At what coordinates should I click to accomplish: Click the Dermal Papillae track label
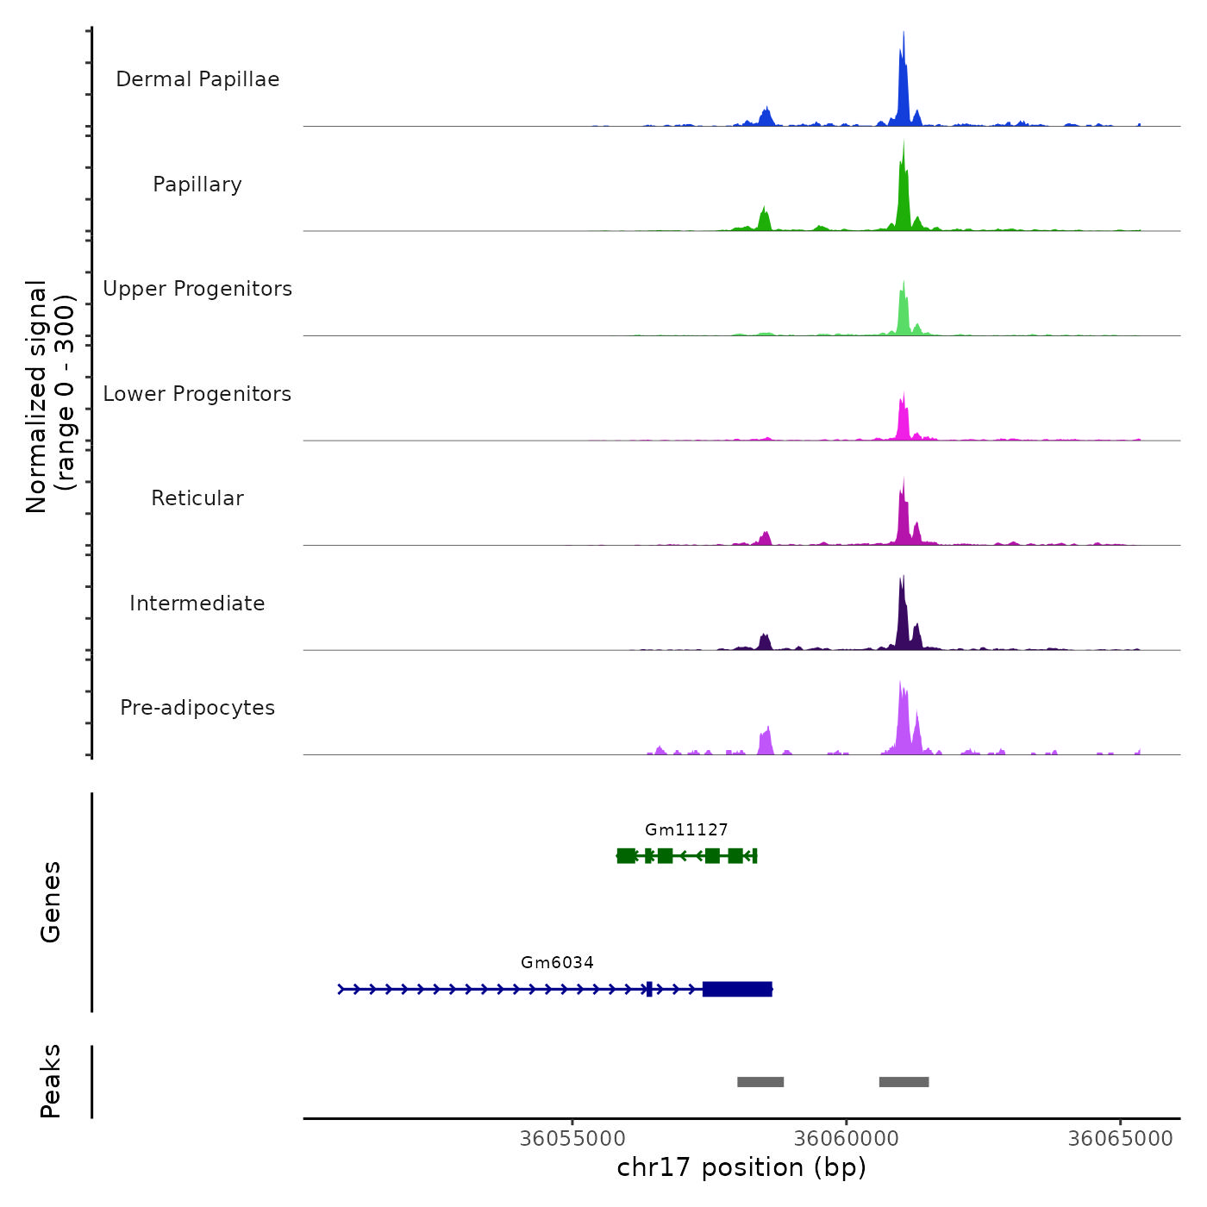pyautogui.click(x=197, y=79)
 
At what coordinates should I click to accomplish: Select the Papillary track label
pyautogui.click(x=197, y=184)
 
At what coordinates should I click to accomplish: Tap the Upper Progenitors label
pyautogui.click(x=197, y=289)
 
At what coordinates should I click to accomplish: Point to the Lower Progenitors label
pyautogui.click(x=197, y=394)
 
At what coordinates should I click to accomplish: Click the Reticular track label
pyautogui.click(x=197, y=498)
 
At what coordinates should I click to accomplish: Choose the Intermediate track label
pyautogui.click(x=197, y=603)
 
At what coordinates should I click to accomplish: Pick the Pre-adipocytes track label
pyautogui.click(x=197, y=708)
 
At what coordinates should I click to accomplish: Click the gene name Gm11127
pyautogui.click(x=686, y=830)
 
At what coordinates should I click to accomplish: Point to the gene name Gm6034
pyautogui.click(x=557, y=963)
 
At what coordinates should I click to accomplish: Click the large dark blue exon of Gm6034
pyautogui.click(x=737, y=989)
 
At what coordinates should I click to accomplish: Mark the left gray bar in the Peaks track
pyautogui.click(x=760, y=1082)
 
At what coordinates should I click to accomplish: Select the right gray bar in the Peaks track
pyautogui.click(x=904, y=1082)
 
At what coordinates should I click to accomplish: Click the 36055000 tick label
pyautogui.click(x=572, y=1139)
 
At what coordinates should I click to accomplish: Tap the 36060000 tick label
pyautogui.click(x=847, y=1139)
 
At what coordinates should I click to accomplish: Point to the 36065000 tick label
pyautogui.click(x=1120, y=1139)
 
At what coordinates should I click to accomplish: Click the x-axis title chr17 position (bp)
pyautogui.click(x=741, y=1167)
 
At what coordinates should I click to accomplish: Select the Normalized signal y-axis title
pyautogui.click(x=50, y=397)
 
